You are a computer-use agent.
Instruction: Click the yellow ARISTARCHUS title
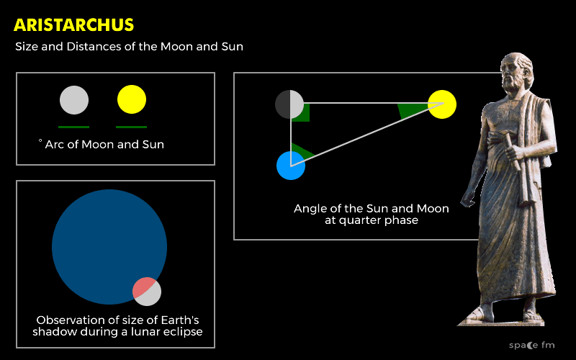(74, 25)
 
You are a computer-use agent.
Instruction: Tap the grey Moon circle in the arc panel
(74, 100)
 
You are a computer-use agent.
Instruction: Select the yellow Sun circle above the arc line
(132, 99)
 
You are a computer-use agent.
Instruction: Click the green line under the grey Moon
(74, 127)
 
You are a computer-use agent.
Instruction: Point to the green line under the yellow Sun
(132, 127)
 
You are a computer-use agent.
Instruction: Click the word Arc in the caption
(55, 145)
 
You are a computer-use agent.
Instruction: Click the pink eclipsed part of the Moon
(143, 287)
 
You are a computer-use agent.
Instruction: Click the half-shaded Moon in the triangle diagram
(289, 104)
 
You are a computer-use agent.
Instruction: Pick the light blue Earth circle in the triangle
(291, 166)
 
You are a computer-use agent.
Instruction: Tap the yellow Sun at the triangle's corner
(442, 104)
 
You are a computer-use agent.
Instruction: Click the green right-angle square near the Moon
(300, 112)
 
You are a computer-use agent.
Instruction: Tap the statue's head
(516, 72)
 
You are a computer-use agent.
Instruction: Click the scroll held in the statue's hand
(513, 150)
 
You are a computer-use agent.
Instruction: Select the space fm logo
(531, 346)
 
